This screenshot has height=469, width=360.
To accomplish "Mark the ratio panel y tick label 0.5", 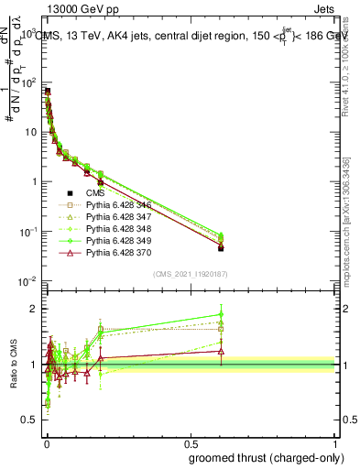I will click(x=31, y=421).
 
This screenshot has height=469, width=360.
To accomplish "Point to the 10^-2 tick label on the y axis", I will click(x=27, y=281).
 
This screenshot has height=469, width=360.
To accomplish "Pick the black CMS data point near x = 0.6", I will click(x=221, y=248).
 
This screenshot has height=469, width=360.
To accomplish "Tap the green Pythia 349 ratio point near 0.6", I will click(x=221, y=314).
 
